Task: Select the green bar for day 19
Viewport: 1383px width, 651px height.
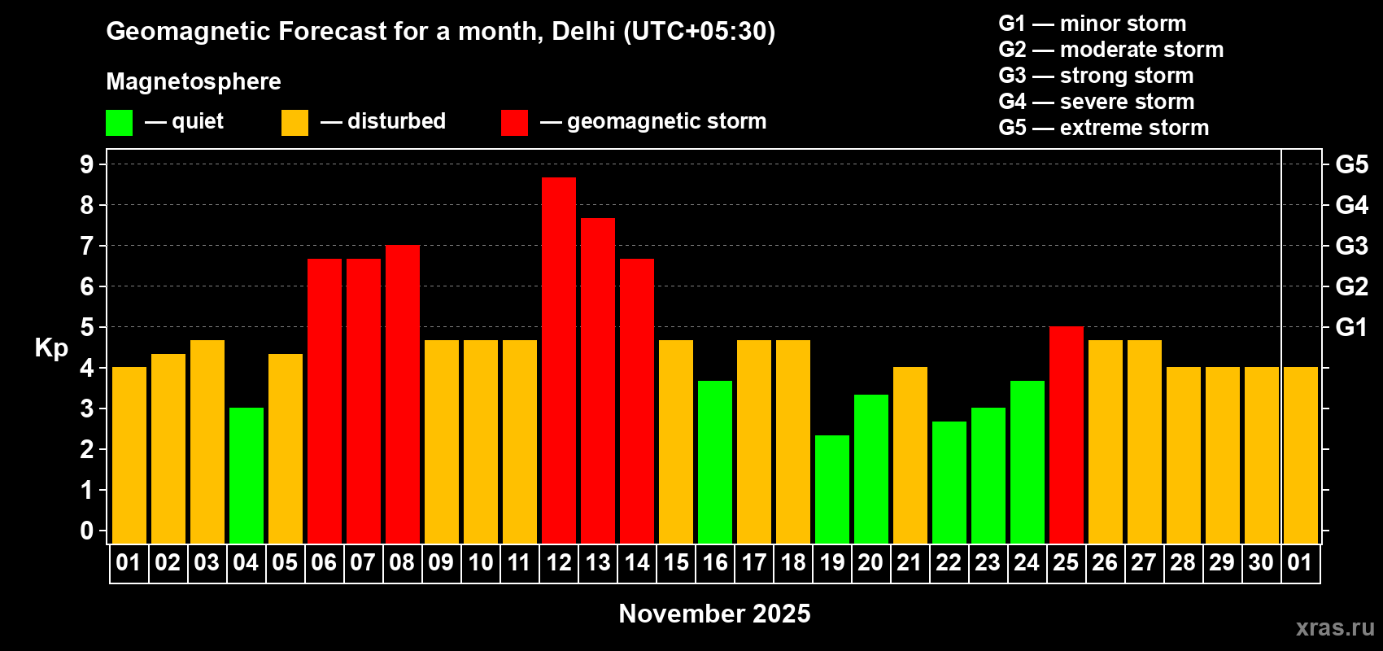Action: [832, 489]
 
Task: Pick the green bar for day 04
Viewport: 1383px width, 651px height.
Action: [246, 475]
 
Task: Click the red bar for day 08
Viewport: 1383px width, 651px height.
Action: [403, 394]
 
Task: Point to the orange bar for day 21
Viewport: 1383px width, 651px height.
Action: [910, 455]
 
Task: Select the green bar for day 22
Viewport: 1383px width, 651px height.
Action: [949, 482]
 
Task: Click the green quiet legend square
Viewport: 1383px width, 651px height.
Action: [119, 123]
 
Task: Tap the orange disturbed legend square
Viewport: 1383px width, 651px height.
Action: [294, 123]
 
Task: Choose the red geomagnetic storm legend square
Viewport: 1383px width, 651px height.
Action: [514, 123]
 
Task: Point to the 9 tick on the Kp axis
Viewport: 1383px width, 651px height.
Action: [87, 164]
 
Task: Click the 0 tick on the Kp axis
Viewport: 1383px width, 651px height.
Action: [87, 531]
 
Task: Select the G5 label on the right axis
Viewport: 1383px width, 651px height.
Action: [1351, 164]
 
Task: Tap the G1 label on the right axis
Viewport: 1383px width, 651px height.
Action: [1351, 327]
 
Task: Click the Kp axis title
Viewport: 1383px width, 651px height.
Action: [51, 348]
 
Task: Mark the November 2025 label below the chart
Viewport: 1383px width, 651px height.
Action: [714, 614]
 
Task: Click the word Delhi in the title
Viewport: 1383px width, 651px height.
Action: [583, 31]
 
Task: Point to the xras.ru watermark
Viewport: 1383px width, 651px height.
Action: [1335, 627]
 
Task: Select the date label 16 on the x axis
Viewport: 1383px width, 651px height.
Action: [715, 562]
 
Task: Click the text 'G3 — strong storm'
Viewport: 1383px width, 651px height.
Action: [1096, 76]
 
